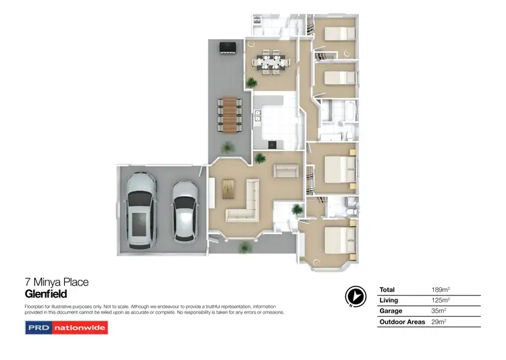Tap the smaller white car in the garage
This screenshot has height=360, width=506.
tap(184, 210)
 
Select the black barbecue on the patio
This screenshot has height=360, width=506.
tap(227, 46)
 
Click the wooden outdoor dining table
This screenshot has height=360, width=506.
tap(229, 114)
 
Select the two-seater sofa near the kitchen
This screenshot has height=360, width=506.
tap(286, 171)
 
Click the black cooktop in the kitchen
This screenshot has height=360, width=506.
tap(273, 143)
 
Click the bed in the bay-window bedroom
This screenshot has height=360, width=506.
tap(337, 239)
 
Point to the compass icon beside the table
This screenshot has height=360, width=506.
tap(354, 296)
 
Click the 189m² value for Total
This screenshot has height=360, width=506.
tap(441, 289)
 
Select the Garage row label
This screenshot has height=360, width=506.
tap(391, 311)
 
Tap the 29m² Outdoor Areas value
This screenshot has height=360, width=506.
tap(439, 322)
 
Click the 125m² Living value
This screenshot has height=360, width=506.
tap(441, 300)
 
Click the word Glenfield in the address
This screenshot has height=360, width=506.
tap(46, 294)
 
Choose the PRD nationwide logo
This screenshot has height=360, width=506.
tap(66, 328)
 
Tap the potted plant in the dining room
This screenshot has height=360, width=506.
tap(251, 82)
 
